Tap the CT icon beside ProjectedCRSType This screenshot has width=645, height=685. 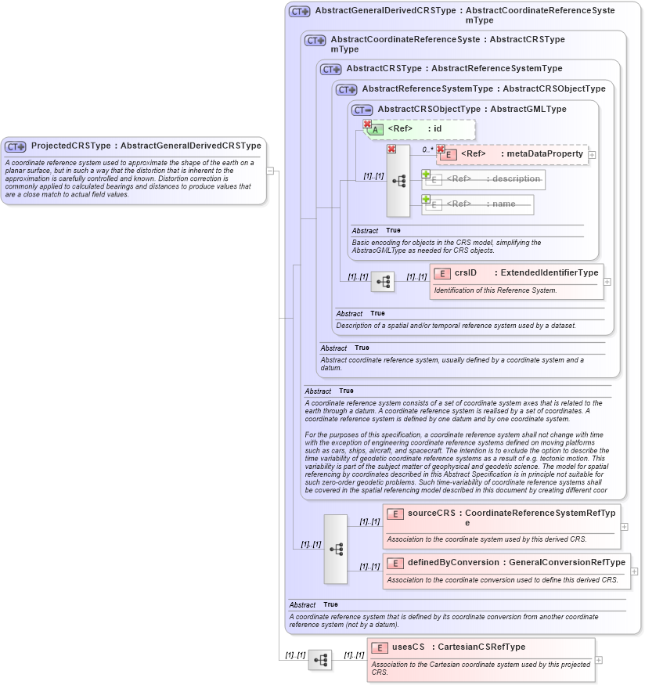coord(16,146)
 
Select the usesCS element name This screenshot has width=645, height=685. coord(408,647)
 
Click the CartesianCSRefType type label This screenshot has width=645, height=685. coord(481,647)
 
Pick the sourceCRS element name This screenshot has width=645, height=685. coord(431,513)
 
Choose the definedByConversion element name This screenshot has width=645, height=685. coord(453,562)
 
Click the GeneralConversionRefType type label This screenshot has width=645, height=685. coord(567,562)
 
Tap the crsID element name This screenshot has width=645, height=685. coord(466,273)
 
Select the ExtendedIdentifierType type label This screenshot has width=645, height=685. coord(549,273)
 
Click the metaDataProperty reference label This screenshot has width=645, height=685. coord(546,153)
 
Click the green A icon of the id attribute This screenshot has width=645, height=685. coord(376,129)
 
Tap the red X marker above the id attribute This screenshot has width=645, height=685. coord(366,123)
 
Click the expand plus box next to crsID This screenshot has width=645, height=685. coord(607,281)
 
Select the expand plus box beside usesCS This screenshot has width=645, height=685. coord(599,660)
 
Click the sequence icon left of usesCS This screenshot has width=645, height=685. coord(319,660)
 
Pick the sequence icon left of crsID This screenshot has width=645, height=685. coord(383,282)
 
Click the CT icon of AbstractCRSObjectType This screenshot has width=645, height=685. coord(362,110)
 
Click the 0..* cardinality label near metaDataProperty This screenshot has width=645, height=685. coord(427,149)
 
